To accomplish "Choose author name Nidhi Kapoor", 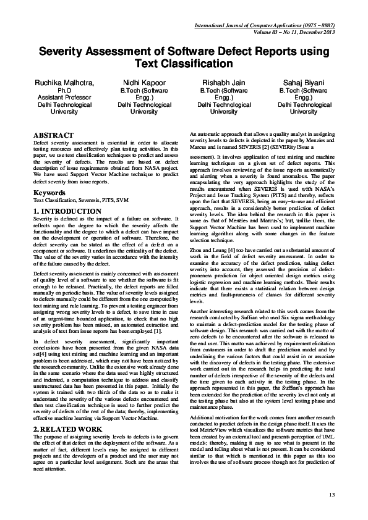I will pos(144,82).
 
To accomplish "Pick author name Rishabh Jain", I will pos(224,82).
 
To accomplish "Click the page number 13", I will pos(332,495).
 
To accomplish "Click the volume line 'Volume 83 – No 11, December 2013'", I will pos(294,32).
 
